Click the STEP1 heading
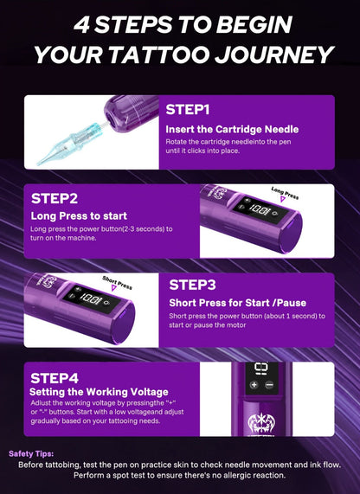[188, 110]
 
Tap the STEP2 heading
[55, 198]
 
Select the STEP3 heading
[192, 285]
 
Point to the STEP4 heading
[55, 378]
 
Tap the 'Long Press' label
[285, 193]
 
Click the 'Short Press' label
[117, 282]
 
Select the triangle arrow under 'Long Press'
[283, 199]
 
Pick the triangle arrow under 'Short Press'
[114, 288]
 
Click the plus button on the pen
[254, 384]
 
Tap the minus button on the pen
[269, 384]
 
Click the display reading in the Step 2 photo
[260, 209]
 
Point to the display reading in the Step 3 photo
[91, 298]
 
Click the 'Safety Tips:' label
[31, 453]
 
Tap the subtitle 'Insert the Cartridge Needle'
[232, 129]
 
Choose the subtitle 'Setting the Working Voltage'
[99, 392]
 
